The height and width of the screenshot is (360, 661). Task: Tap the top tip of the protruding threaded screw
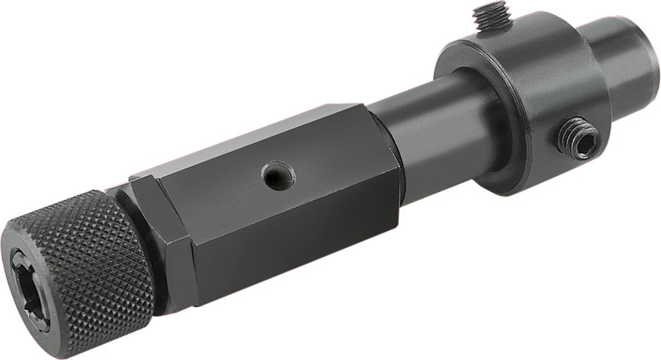pos(491,6)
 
